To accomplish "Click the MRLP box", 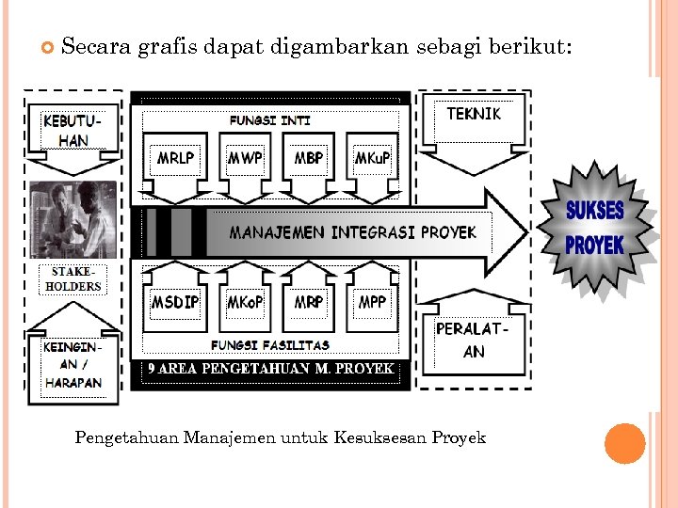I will [176, 158].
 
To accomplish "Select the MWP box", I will [245, 158].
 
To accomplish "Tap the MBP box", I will [308, 158].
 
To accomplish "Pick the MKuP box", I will [372, 158].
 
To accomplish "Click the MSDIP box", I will [176, 302].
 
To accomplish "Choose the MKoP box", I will [245, 302].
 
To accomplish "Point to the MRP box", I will [308, 302].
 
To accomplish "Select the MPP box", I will [372, 302].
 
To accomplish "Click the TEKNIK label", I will [474, 114].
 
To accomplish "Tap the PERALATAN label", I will [473, 341].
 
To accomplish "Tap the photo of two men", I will [73, 219].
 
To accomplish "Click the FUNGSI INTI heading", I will [269, 120].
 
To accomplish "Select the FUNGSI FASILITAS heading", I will [269, 344].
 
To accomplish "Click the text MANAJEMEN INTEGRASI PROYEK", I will [353, 232].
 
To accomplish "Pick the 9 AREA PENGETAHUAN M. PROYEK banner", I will [270, 369].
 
